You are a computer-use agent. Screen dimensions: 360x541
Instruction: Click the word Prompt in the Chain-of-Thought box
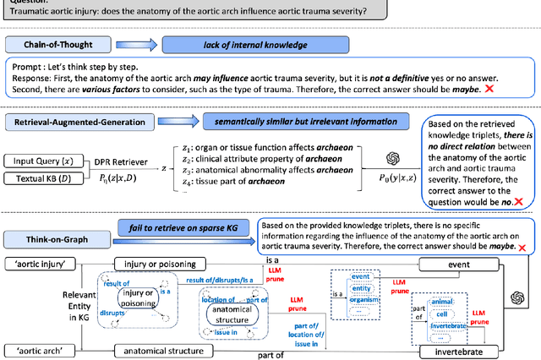pos(25,63)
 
